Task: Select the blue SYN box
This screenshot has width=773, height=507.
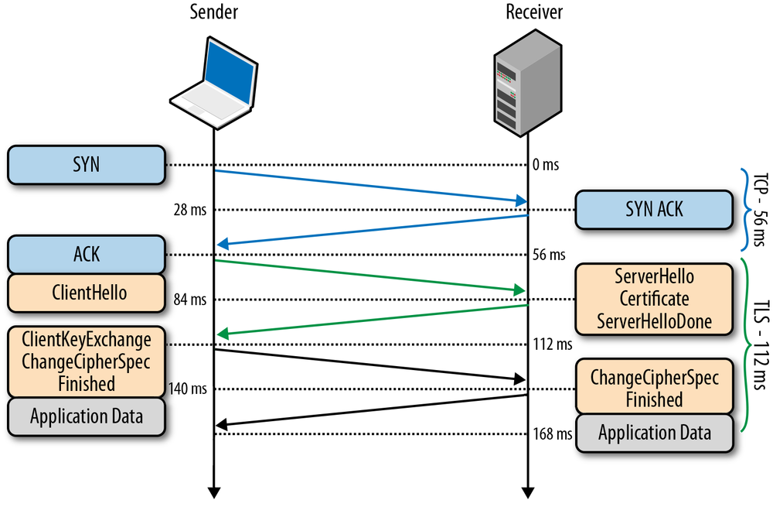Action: point(87,165)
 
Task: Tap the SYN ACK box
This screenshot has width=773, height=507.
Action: point(653,209)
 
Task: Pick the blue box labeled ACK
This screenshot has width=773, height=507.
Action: point(87,254)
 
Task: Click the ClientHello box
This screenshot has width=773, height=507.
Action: point(87,293)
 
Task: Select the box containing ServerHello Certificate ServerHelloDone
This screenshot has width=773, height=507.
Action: point(653,299)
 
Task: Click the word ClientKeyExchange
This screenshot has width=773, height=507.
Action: point(87,339)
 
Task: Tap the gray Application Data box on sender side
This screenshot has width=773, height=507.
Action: point(87,416)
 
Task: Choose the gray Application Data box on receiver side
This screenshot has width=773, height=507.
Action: point(653,432)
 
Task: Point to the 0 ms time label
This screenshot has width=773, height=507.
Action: point(545,165)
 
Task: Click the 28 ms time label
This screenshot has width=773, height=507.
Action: point(191,210)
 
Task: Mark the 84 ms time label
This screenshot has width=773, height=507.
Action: point(191,299)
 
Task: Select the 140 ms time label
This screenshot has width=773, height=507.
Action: point(188,389)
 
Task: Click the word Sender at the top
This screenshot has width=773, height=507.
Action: point(213,12)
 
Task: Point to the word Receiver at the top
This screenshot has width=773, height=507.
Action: point(533,12)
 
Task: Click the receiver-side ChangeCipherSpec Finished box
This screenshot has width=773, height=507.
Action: point(653,389)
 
